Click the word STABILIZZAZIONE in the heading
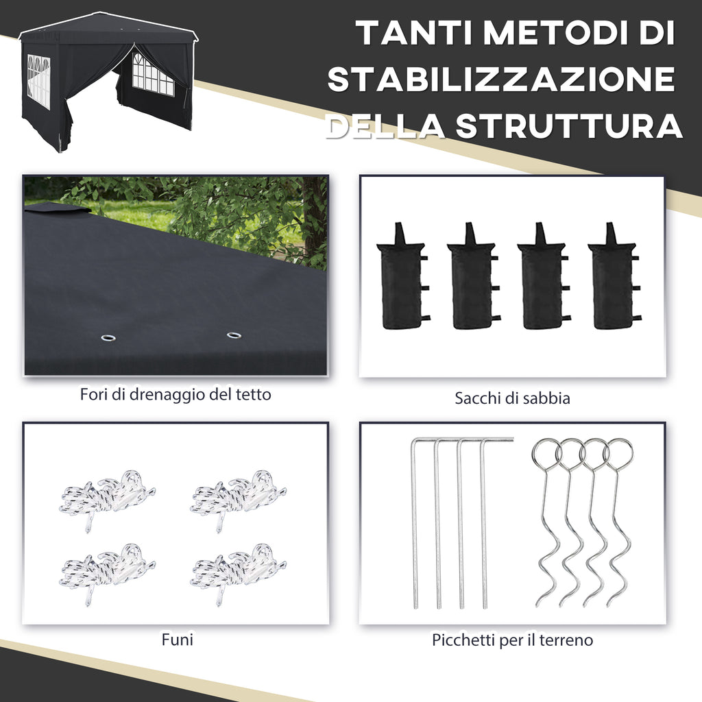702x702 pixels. click(501, 80)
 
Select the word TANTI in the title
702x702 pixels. click(415, 34)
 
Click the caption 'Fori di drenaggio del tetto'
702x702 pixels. click(175, 395)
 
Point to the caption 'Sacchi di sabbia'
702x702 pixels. click(512, 398)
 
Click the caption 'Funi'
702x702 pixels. click(177, 640)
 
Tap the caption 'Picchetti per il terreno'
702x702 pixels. click(512, 640)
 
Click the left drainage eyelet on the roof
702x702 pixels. click(108, 337)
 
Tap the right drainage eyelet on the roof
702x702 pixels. click(234, 335)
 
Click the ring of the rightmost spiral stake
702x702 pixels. click(619, 452)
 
